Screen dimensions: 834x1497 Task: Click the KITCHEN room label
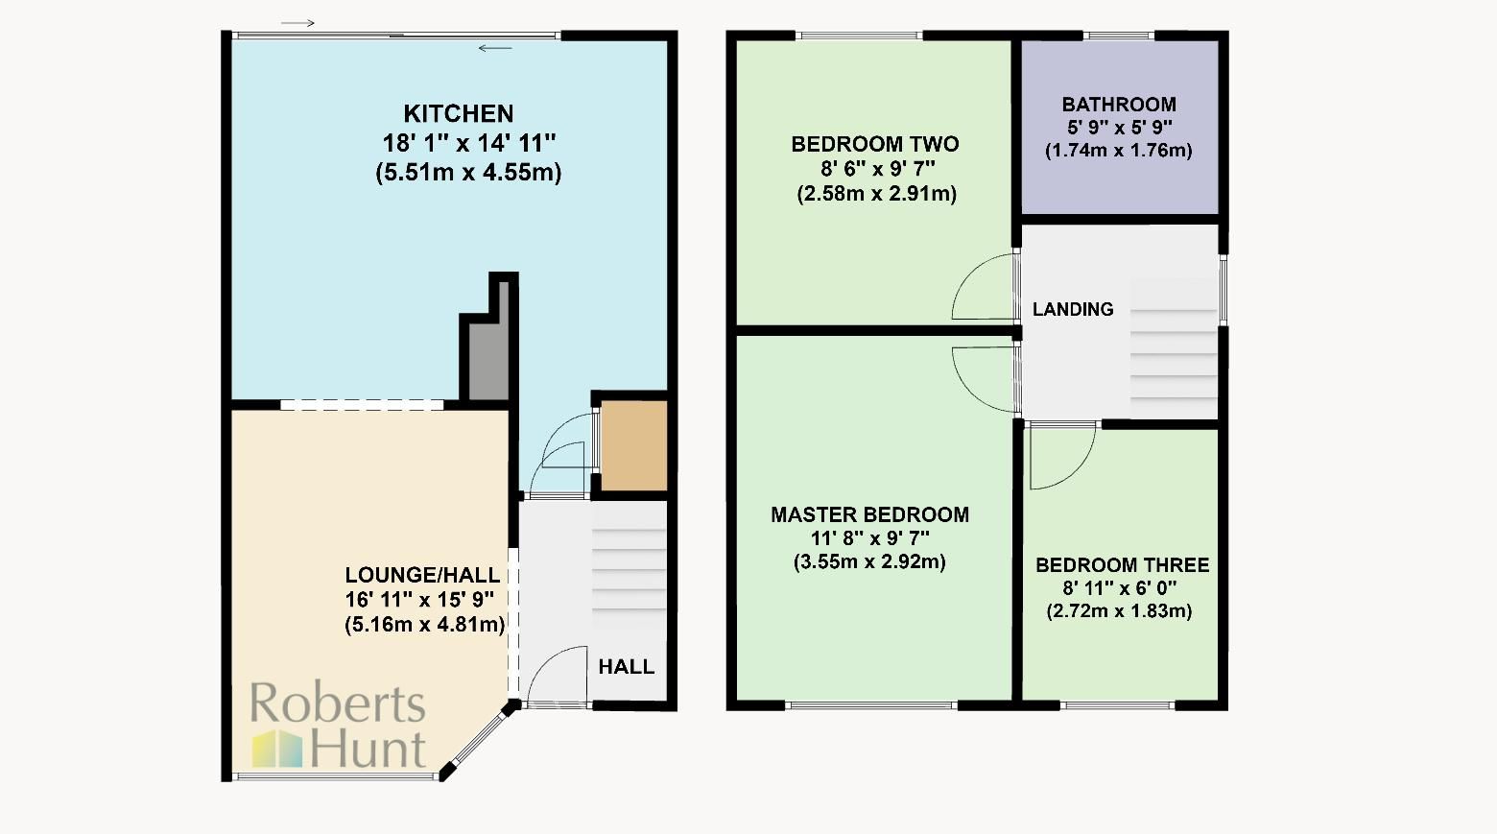(x=458, y=114)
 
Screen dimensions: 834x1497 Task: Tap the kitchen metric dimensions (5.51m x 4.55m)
(x=468, y=173)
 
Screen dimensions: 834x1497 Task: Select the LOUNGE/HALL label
(x=422, y=575)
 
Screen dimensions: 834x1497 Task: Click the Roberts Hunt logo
(x=338, y=726)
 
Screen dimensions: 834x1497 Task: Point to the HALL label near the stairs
(x=626, y=667)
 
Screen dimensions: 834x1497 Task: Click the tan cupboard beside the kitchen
(x=633, y=446)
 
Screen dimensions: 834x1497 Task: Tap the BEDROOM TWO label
(x=874, y=145)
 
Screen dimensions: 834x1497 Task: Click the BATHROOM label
(x=1118, y=105)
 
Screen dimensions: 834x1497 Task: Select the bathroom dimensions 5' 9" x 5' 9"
(x=1118, y=128)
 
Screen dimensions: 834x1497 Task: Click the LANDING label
(x=1072, y=309)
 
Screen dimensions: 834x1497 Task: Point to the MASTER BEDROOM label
(x=869, y=514)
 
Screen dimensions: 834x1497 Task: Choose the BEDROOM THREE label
(x=1122, y=565)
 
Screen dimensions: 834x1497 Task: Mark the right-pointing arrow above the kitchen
(x=297, y=23)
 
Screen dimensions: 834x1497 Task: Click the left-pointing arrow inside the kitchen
(x=495, y=48)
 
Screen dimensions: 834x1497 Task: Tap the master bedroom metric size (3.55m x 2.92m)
(x=869, y=562)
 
